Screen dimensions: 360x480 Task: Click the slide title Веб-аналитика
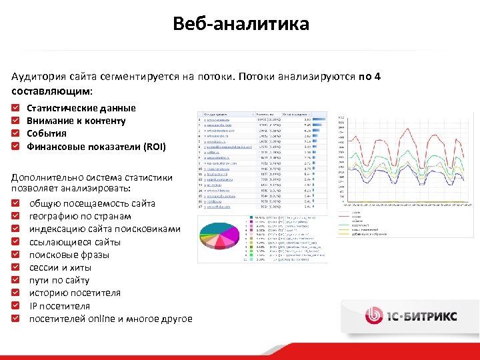click(x=240, y=24)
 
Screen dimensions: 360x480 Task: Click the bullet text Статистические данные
click(x=81, y=108)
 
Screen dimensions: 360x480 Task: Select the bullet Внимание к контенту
click(x=75, y=121)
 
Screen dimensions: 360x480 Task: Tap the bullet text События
click(x=47, y=133)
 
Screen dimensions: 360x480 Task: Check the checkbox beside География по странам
click(x=16, y=217)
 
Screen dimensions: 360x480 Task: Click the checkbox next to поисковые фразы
click(x=16, y=255)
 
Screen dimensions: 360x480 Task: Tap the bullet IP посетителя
click(x=59, y=306)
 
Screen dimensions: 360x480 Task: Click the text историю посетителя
click(x=75, y=293)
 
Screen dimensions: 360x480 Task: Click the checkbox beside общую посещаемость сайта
click(x=16, y=203)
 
